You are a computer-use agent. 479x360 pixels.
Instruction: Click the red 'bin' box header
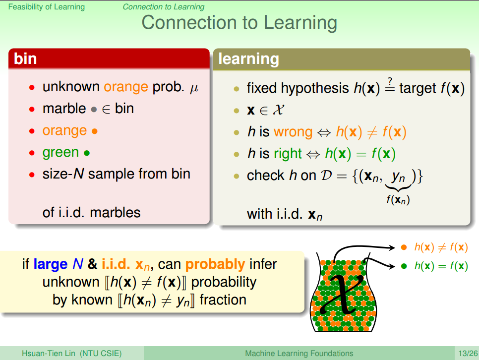pyautogui.click(x=109, y=59)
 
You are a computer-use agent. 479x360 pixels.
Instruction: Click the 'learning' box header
pyautogui.click(x=342, y=59)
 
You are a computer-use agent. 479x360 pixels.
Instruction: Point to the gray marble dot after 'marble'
pyautogui.click(x=94, y=110)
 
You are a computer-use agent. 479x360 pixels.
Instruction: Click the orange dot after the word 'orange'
pyautogui.click(x=94, y=131)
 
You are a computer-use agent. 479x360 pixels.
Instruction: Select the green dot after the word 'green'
pyautogui.click(x=87, y=153)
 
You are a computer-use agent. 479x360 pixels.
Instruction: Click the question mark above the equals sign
pyautogui.click(x=390, y=81)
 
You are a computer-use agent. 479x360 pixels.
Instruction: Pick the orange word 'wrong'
pyautogui.click(x=293, y=132)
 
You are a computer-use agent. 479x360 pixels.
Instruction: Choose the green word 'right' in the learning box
pyautogui.click(x=288, y=154)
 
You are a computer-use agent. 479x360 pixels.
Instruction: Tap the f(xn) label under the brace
pyautogui.click(x=398, y=199)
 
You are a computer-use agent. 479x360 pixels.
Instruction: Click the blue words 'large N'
pyautogui.click(x=59, y=264)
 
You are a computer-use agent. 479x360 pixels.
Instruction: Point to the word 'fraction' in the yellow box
pyautogui.click(x=223, y=300)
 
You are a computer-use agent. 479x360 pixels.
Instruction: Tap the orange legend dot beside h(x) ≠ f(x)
pyautogui.click(x=404, y=247)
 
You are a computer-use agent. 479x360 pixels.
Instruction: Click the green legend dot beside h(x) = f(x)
pyautogui.click(x=404, y=266)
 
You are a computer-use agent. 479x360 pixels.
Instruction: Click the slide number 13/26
pyautogui.click(x=468, y=354)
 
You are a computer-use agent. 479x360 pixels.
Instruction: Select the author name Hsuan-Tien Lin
pyautogui.click(x=48, y=354)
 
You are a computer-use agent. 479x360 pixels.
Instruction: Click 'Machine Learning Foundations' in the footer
pyautogui.click(x=299, y=354)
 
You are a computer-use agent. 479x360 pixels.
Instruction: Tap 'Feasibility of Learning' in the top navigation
pyautogui.click(x=47, y=7)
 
